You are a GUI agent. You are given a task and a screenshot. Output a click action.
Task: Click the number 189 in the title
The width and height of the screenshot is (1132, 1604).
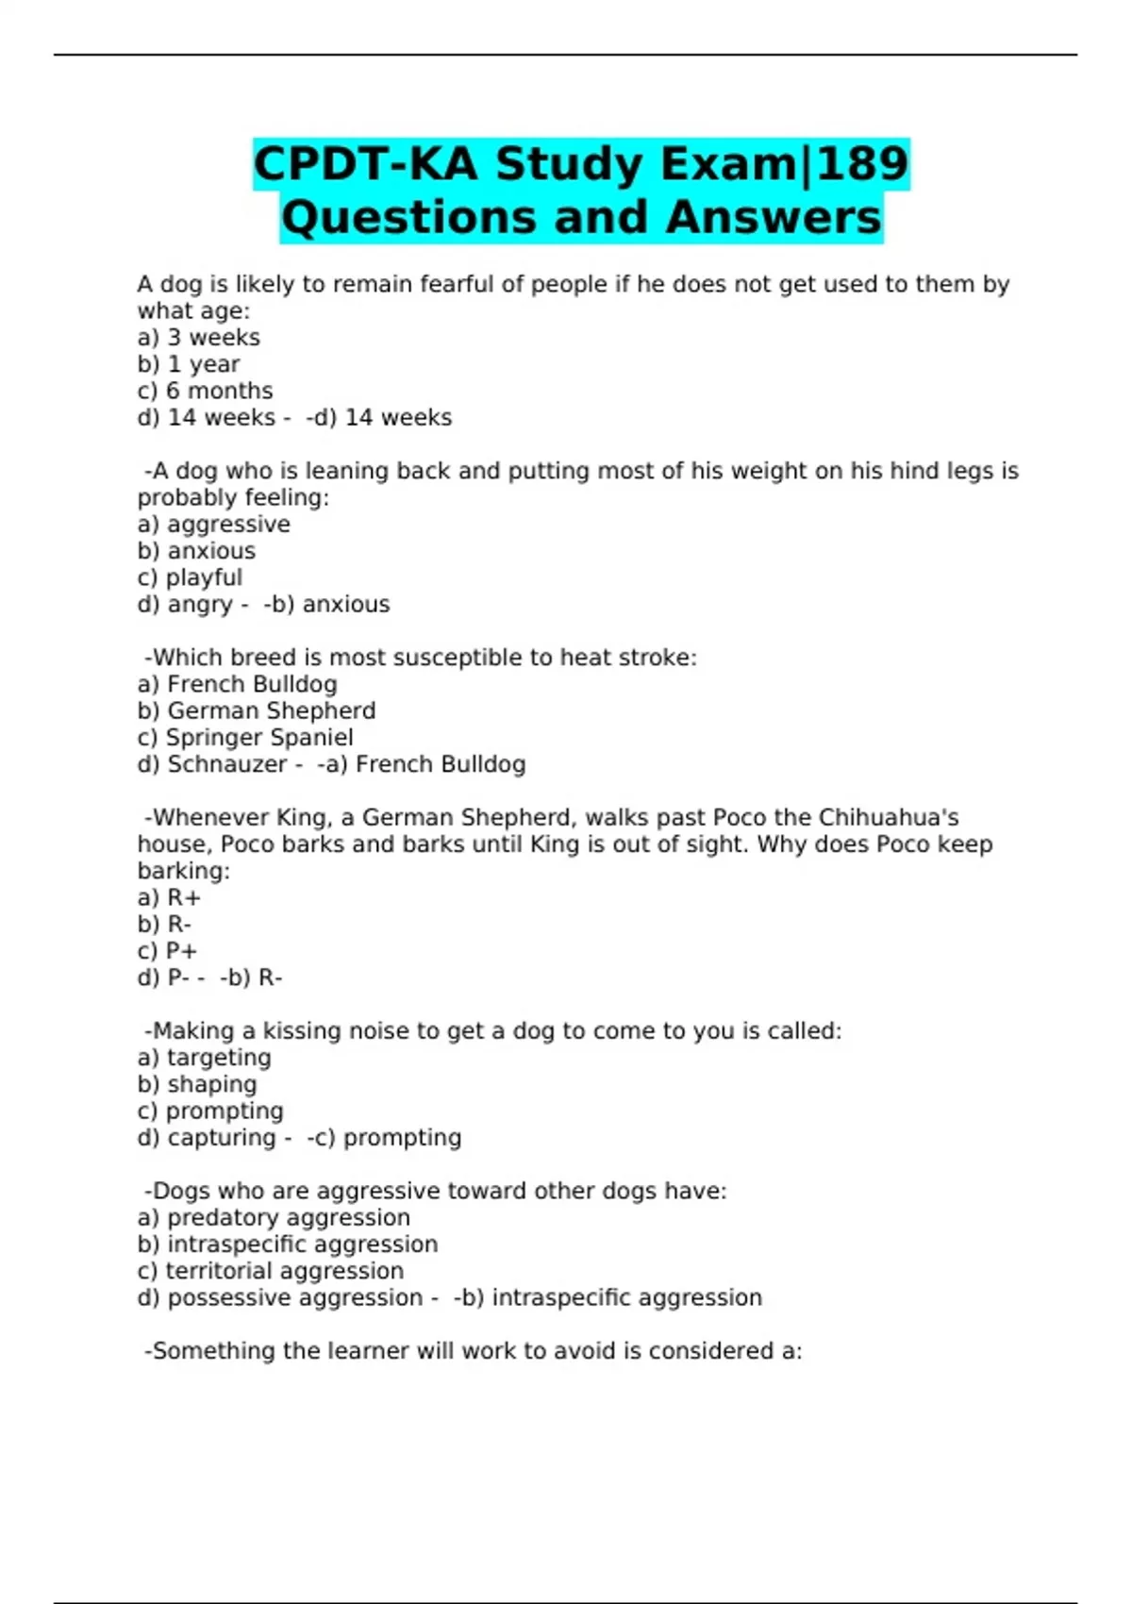click(863, 163)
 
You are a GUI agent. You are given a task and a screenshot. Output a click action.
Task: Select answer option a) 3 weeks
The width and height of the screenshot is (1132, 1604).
click(198, 337)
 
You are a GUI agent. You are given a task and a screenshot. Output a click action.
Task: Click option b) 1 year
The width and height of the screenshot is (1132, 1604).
click(188, 363)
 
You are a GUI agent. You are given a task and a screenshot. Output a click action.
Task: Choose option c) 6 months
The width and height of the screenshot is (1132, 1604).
click(205, 391)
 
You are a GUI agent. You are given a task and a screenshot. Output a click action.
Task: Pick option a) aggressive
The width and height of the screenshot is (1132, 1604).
click(213, 524)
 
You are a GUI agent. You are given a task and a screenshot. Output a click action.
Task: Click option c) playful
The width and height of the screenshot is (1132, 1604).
click(190, 577)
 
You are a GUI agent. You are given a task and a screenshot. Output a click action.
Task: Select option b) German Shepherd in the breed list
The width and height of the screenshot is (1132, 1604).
click(256, 710)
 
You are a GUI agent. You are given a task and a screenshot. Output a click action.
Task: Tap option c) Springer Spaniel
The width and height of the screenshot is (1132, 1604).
click(245, 737)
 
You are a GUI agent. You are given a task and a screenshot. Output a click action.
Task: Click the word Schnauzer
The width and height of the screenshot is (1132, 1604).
click(226, 764)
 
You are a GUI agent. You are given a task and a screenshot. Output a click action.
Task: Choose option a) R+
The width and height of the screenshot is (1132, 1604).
click(169, 897)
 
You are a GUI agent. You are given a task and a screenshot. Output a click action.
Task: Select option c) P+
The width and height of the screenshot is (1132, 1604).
click(167, 951)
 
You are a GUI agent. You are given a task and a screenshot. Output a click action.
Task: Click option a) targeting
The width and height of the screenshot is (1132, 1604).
click(204, 1058)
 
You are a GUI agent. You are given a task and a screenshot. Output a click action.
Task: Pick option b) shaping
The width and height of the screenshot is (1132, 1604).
click(196, 1084)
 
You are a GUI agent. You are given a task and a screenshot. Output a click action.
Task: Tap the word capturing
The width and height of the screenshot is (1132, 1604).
click(221, 1138)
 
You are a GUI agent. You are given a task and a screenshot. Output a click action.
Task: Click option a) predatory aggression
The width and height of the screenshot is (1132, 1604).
click(274, 1217)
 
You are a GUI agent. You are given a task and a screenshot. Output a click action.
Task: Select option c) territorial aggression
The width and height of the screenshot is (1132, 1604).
click(270, 1271)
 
